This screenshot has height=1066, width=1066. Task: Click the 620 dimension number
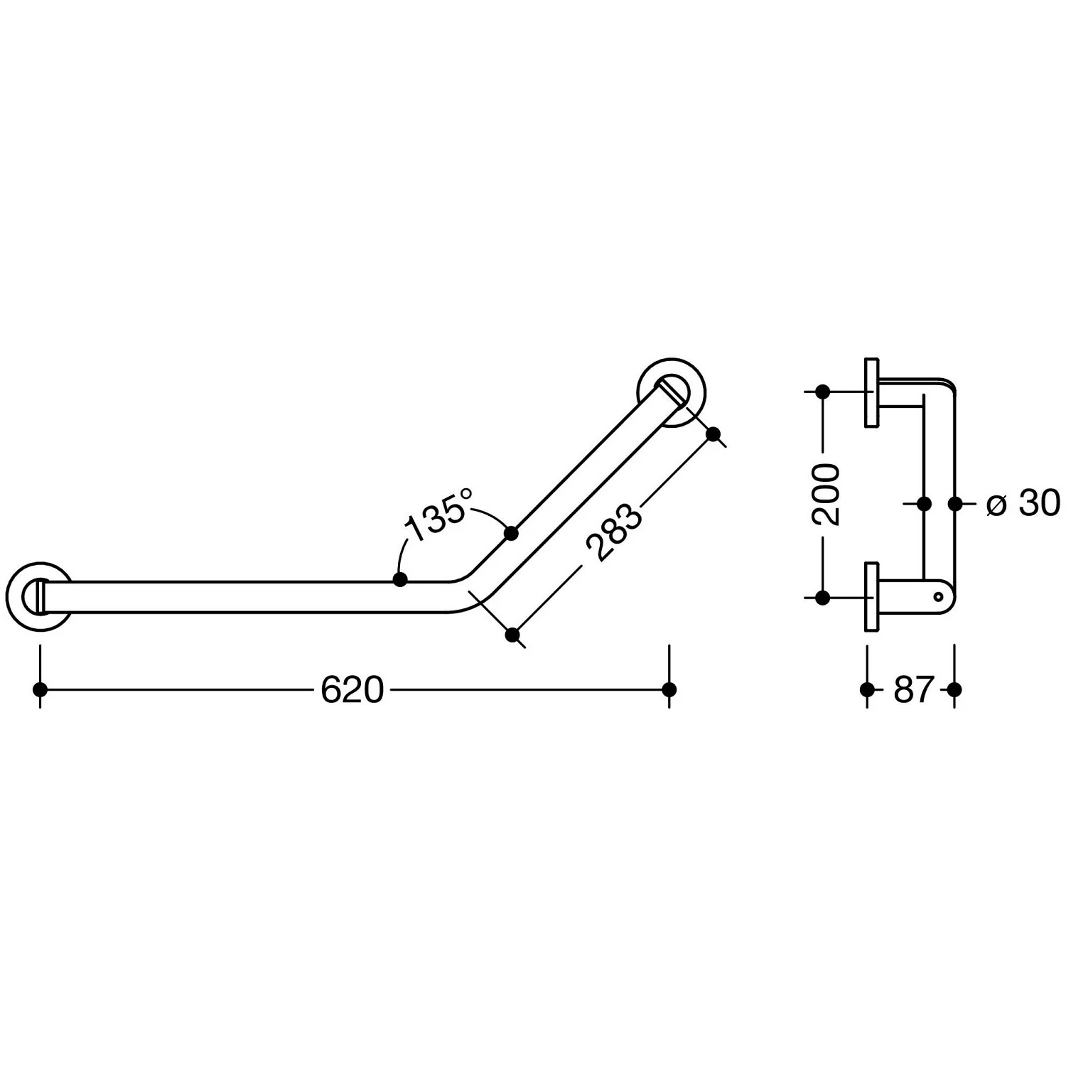tap(352, 689)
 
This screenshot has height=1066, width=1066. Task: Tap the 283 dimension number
tap(613, 533)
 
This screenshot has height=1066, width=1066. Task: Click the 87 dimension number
tap(912, 689)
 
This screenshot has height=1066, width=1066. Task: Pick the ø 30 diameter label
tap(1023, 503)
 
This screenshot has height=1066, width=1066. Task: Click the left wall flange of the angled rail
tap(39, 596)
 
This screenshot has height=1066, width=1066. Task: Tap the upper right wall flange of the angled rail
tap(672, 393)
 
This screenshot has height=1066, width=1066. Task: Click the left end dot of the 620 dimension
tap(40, 689)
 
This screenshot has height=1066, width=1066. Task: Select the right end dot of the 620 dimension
tap(669, 689)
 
